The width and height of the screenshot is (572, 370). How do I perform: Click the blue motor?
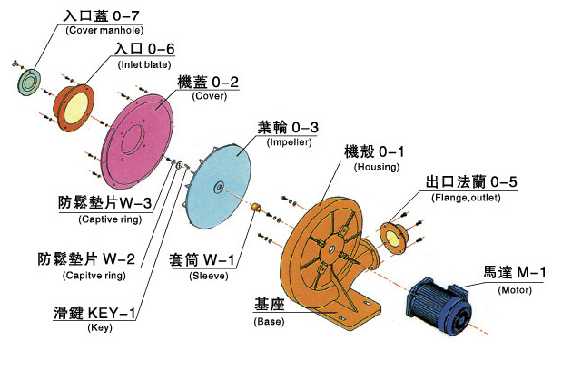point(440,304)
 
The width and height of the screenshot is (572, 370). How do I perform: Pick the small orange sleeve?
point(257,210)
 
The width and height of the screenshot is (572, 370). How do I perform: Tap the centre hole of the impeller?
point(219,187)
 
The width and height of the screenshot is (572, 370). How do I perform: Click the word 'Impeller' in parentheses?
point(290,142)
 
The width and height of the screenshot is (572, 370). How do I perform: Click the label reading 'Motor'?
point(515,289)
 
